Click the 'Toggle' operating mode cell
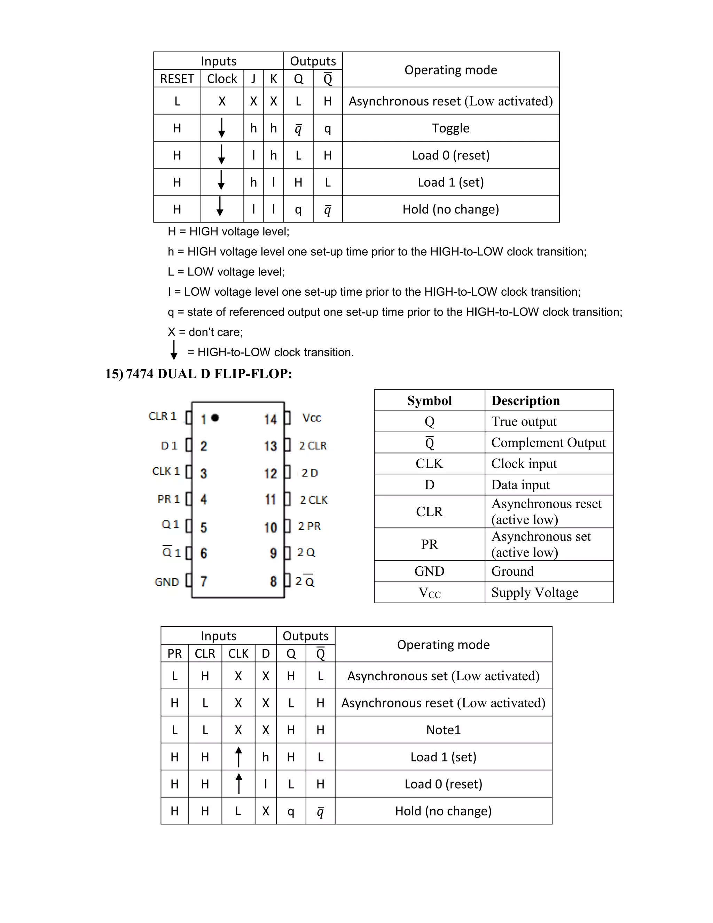(450, 128)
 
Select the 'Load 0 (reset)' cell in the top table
(450, 155)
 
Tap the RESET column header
(177, 79)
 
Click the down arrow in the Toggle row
(222, 127)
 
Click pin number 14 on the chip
(270, 419)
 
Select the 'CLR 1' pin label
(162, 416)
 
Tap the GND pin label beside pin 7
(167, 582)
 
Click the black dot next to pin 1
(215, 418)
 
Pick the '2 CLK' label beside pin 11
(313, 500)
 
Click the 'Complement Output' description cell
(548, 442)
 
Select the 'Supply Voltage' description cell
(534, 592)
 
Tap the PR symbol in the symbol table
(429, 544)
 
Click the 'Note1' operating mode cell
(443, 730)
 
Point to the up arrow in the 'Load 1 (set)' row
(238, 757)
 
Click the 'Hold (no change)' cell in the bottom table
(443, 811)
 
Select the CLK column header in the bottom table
(238, 654)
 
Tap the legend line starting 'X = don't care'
(205, 332)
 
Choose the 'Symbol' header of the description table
(429, 401)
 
